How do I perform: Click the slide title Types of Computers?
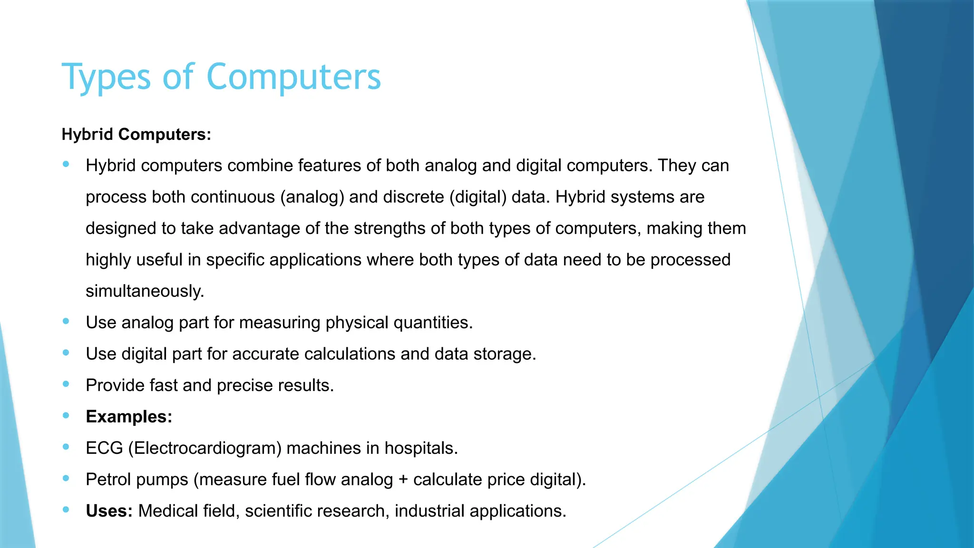coord(221,77)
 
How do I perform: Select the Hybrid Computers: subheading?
coord(136,135)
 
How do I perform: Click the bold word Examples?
coord(129,417)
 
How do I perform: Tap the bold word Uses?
coord(109,511)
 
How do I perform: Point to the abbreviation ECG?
coord(104,448)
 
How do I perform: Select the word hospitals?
coord(421,448)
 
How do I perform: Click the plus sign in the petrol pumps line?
coord(403,479)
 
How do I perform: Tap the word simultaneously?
coord(145,291)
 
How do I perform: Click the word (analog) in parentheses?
coord(312,197)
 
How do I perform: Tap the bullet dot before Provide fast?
coord(66,384)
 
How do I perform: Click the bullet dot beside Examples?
coord(66,416)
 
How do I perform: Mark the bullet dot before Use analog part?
coord(66,322)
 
